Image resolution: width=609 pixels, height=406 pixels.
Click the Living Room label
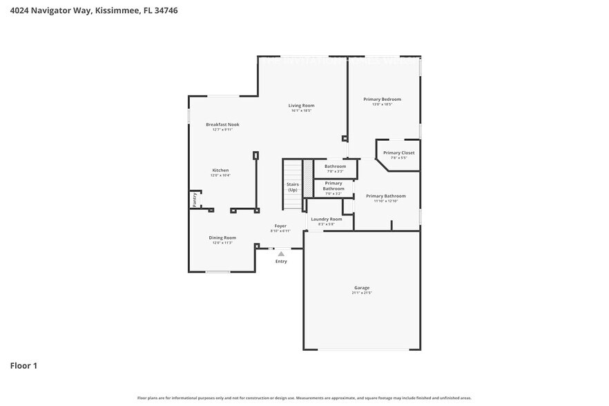[x=302, y=106]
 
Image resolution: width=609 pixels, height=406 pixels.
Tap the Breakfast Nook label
[x=222, y=124]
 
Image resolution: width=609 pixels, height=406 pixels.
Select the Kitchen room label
[x=220, y=170]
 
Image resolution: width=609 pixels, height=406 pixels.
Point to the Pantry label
[x=195, y=200]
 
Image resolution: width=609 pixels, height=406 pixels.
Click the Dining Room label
[x=222, y=238]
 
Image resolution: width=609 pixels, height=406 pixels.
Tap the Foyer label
[x=280, y=226]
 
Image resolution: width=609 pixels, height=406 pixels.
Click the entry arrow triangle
[x=281, y=254]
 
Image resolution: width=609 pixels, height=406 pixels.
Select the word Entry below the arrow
[x=281, y=262]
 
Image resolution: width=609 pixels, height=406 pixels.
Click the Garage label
[x=362, y=287]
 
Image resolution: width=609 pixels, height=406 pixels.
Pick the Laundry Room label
[x=326, y=219]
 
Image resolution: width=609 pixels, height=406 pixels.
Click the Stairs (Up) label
[x=293, y=186]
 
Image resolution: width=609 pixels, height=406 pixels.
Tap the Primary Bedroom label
[x=382, y=99]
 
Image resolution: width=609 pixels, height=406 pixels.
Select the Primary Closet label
[x=398, y=153]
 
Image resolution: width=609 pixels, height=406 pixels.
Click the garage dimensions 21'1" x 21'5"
[x=362, y=293]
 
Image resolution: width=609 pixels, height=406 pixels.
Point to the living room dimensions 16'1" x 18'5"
[x=302, y=110]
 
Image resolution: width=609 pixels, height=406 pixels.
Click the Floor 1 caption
[x=23, y=365]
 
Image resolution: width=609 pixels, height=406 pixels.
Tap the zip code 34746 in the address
[x=165, y=11]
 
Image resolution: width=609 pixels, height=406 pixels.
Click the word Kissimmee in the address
[x=114, y=11]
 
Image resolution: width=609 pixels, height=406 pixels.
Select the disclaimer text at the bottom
[x=304, y=398]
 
